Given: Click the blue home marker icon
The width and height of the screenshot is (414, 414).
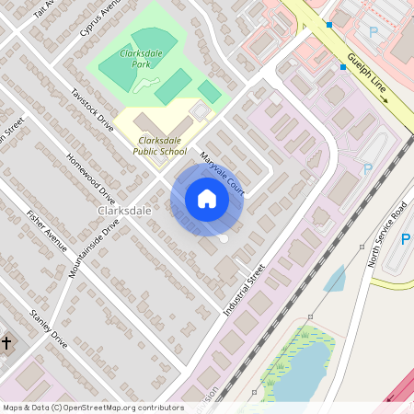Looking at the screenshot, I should coord(207,199).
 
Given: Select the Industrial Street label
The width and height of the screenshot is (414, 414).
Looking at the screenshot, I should coord(244,291).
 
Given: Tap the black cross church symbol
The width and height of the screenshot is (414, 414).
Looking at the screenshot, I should coord(6,343).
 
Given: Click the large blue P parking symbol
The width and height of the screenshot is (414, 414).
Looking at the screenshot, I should coord(405,240).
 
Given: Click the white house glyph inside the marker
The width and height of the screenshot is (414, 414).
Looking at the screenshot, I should coord(207,198).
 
